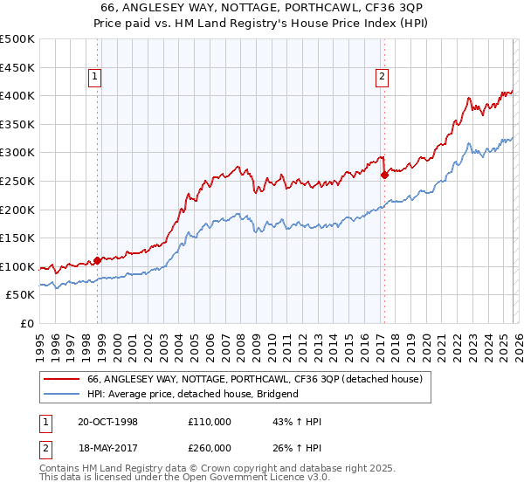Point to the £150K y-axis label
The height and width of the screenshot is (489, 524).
click(17, 238)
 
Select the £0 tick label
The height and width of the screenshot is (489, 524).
click(28, 323)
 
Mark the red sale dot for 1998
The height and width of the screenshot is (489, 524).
click(98, 260)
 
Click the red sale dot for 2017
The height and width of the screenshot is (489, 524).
click(384, 175)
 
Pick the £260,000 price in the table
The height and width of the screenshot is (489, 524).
click(210, 447)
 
